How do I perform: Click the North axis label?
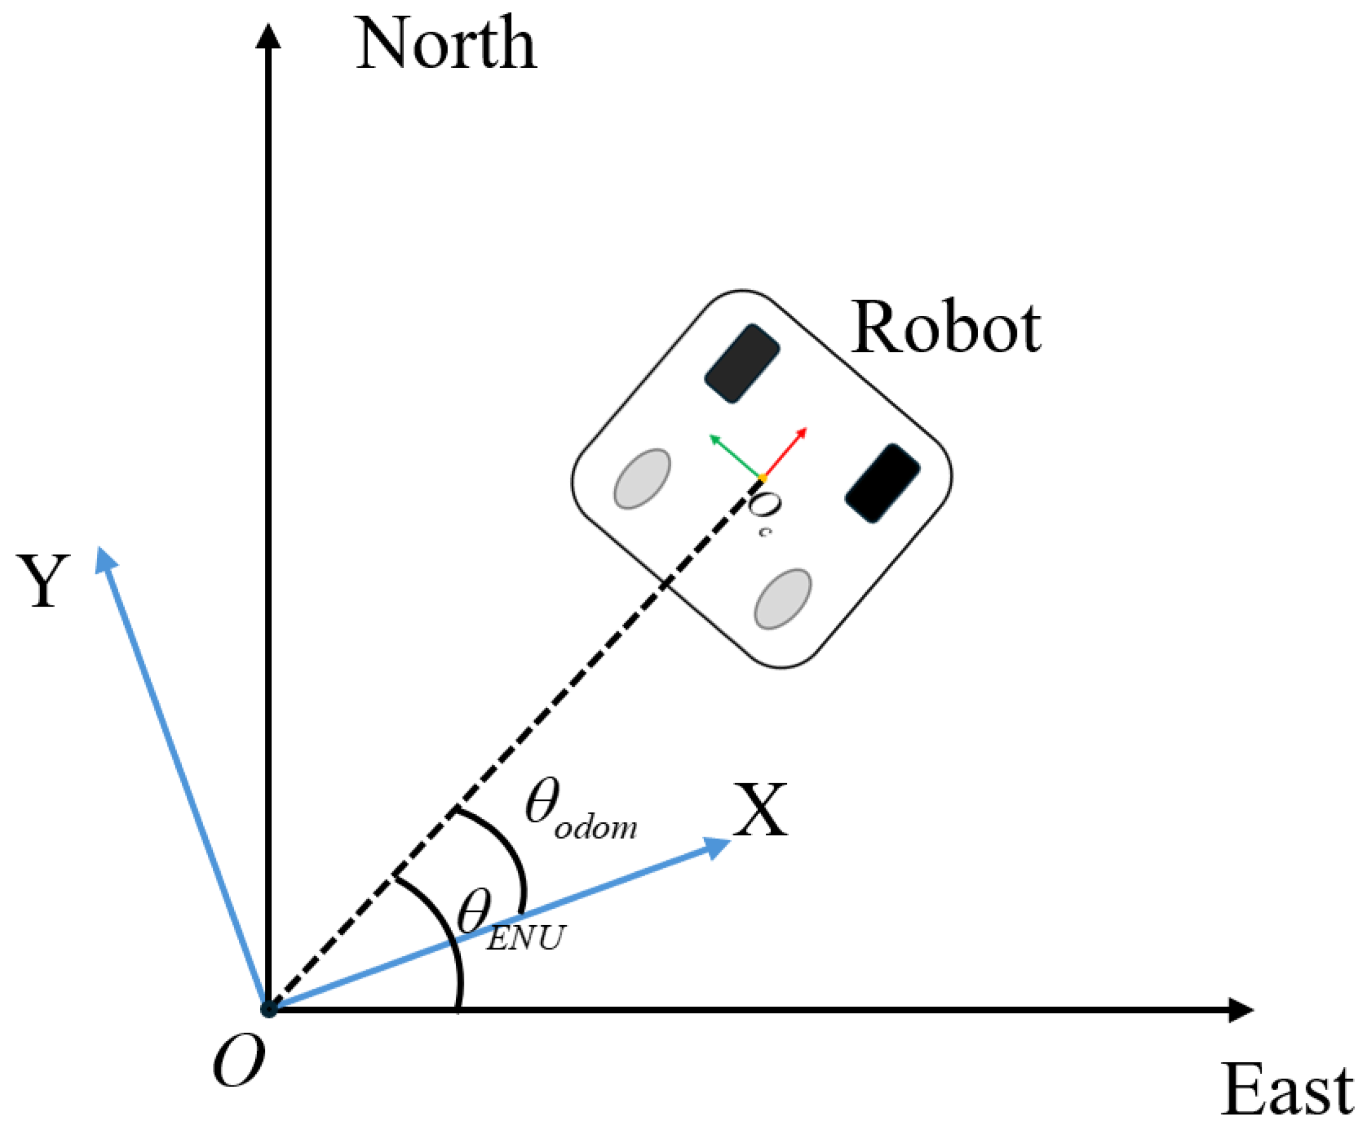pos(446,44)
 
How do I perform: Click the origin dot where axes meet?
pos(268,1010)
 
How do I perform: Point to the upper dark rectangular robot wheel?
pos(742,363)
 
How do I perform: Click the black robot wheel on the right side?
pos(882,483)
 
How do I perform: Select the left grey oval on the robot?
pos(642,479)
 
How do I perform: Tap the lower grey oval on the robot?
pos(783,599)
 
